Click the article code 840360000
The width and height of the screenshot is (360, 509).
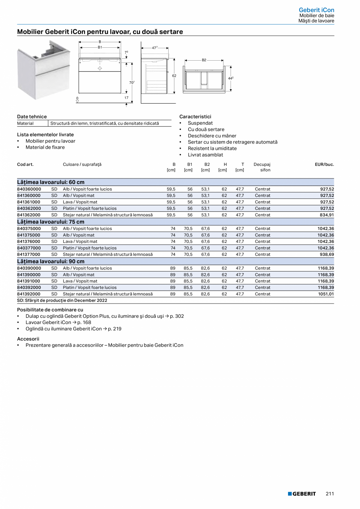tap(29, 189)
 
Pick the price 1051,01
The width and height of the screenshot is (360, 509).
tap(326, 294)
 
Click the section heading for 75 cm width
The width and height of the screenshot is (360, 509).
tap(50, 222)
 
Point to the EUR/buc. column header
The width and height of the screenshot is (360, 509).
tap(324, 164)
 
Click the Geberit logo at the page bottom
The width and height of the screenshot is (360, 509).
tap(302, 494)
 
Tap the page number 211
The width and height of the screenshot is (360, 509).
tap(330, 494)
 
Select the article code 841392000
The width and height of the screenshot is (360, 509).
tap(29, 294)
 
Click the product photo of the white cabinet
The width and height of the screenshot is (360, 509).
tap(44, 70)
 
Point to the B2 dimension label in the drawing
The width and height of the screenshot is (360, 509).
tap(204, 60)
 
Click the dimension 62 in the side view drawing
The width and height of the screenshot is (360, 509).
tap(174, 76)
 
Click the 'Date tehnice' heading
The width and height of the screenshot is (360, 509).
tap(32, 117)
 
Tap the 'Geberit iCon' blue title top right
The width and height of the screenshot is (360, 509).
tap(316, 10)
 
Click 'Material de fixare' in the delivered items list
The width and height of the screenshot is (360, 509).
tap(45, 147)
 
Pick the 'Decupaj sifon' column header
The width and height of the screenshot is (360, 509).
tap(262, 167)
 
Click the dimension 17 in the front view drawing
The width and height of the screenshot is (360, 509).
tap(126, 98)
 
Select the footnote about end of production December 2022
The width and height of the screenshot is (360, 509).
tap(62, 300)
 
